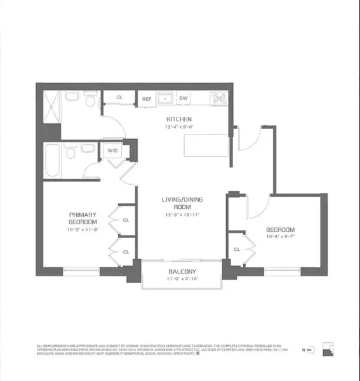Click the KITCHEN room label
pyautogui.click(x=179, y=119)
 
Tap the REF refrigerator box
pyautogui.click(x=146, y=98)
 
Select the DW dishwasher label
pyautogui.click(x=183, y=98)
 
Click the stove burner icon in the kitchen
pyautogui.click(x=220, y=98)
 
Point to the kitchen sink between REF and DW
pyautogui.click(x=165, y=98)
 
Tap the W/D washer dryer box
pyautogui.click(x=113, y=151)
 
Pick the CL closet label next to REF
pyautogui.click(x=119, y=98)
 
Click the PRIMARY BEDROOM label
pyautogui.click(x=83, y=218)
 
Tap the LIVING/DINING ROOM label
pyautogui.click(x=179, y=204)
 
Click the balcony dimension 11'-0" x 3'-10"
pyautogui.click(x=180, y=279)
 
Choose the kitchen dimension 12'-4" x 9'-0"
pyautogui.click(x=179, y=128)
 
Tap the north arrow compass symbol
pyautogui.click(x=310, y=350)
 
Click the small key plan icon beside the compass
pyautogui.click(x=327, y=349)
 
